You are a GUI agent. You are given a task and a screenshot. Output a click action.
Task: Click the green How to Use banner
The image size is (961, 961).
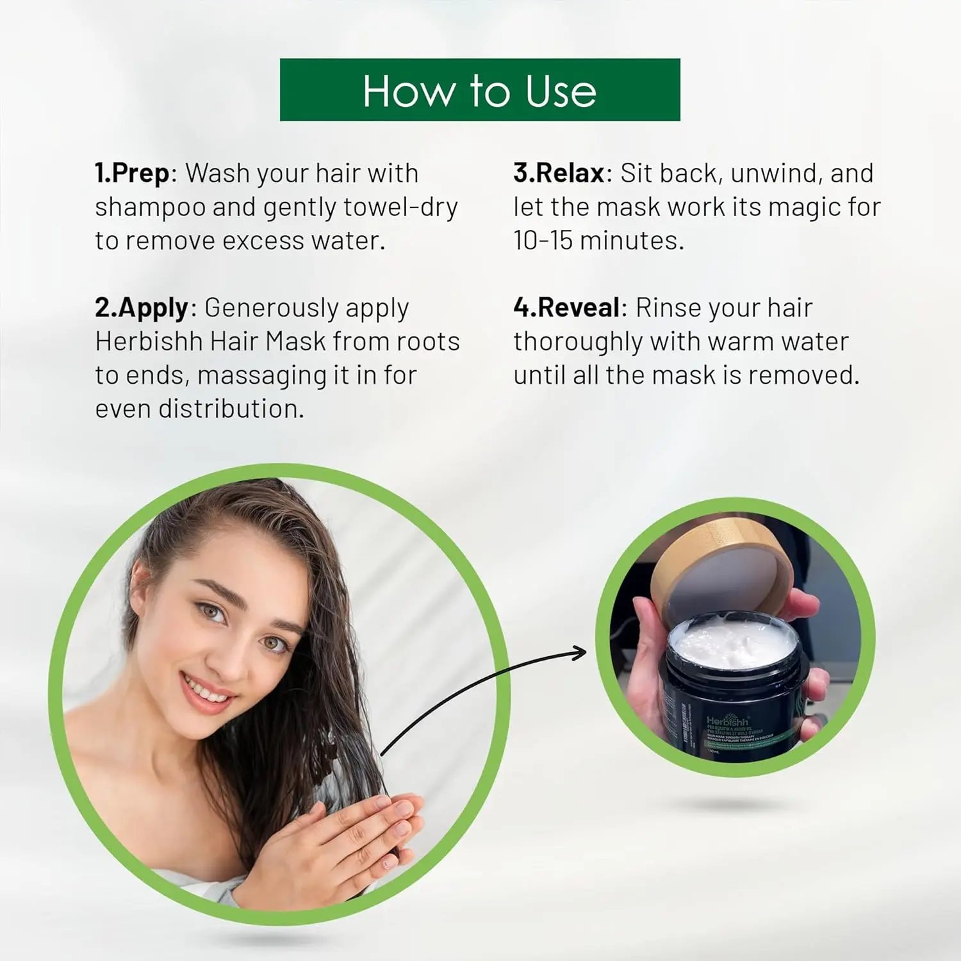(x=480, y=90)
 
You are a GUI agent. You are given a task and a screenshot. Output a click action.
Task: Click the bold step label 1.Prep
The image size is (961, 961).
(x=132, y=174)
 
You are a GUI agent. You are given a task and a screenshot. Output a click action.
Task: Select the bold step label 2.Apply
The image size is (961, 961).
(x=142, y=308)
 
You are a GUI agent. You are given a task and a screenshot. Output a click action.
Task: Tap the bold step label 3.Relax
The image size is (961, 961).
(x=559, y=174)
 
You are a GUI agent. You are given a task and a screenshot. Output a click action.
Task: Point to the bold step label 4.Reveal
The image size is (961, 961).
(x=567, y=308)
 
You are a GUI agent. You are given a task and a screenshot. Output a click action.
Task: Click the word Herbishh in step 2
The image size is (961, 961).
(x=149, y=341)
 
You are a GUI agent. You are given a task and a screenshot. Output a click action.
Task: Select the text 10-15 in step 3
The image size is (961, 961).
(x=542, y=241)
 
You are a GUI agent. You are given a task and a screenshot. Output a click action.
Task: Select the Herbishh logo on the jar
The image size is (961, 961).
(x=727, y=721)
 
